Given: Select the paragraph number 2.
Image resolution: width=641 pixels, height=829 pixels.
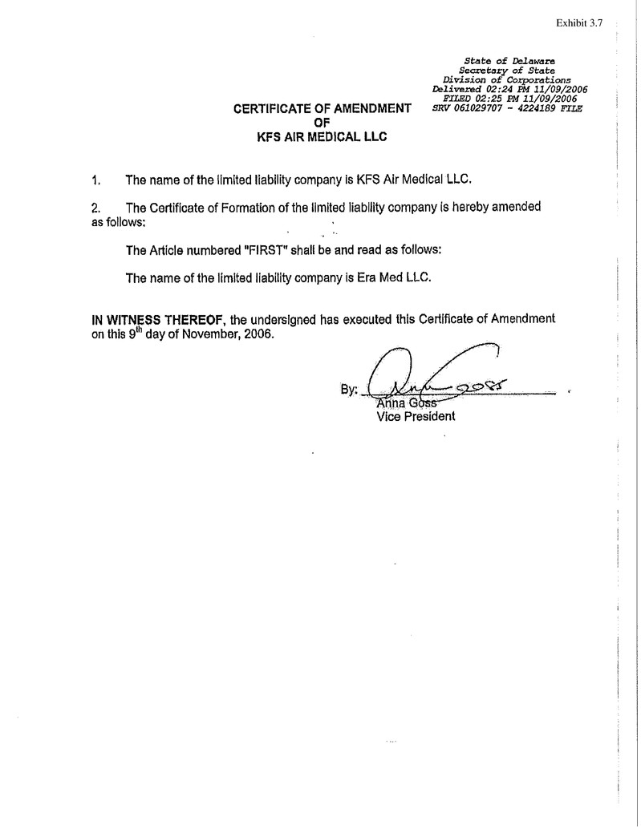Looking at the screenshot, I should [96, 207].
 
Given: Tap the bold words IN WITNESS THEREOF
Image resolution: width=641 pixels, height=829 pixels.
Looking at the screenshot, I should [160, 319].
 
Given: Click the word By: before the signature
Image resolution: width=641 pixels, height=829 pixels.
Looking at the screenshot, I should [349, 390].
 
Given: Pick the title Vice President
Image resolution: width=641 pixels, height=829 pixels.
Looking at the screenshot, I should [416, 416].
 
